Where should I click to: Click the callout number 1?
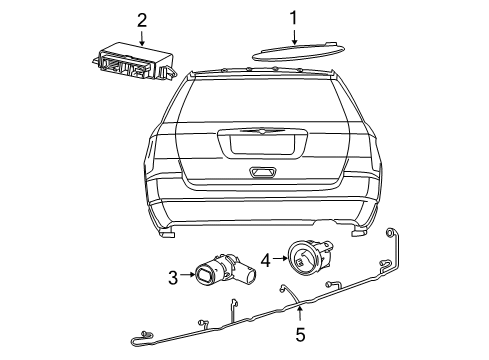294,17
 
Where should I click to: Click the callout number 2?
142,19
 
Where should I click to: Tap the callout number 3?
172,275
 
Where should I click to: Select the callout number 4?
265,261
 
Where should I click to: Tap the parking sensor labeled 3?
218,270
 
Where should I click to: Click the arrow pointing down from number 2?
142,38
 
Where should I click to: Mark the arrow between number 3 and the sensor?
188,275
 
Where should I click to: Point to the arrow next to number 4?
279,261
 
